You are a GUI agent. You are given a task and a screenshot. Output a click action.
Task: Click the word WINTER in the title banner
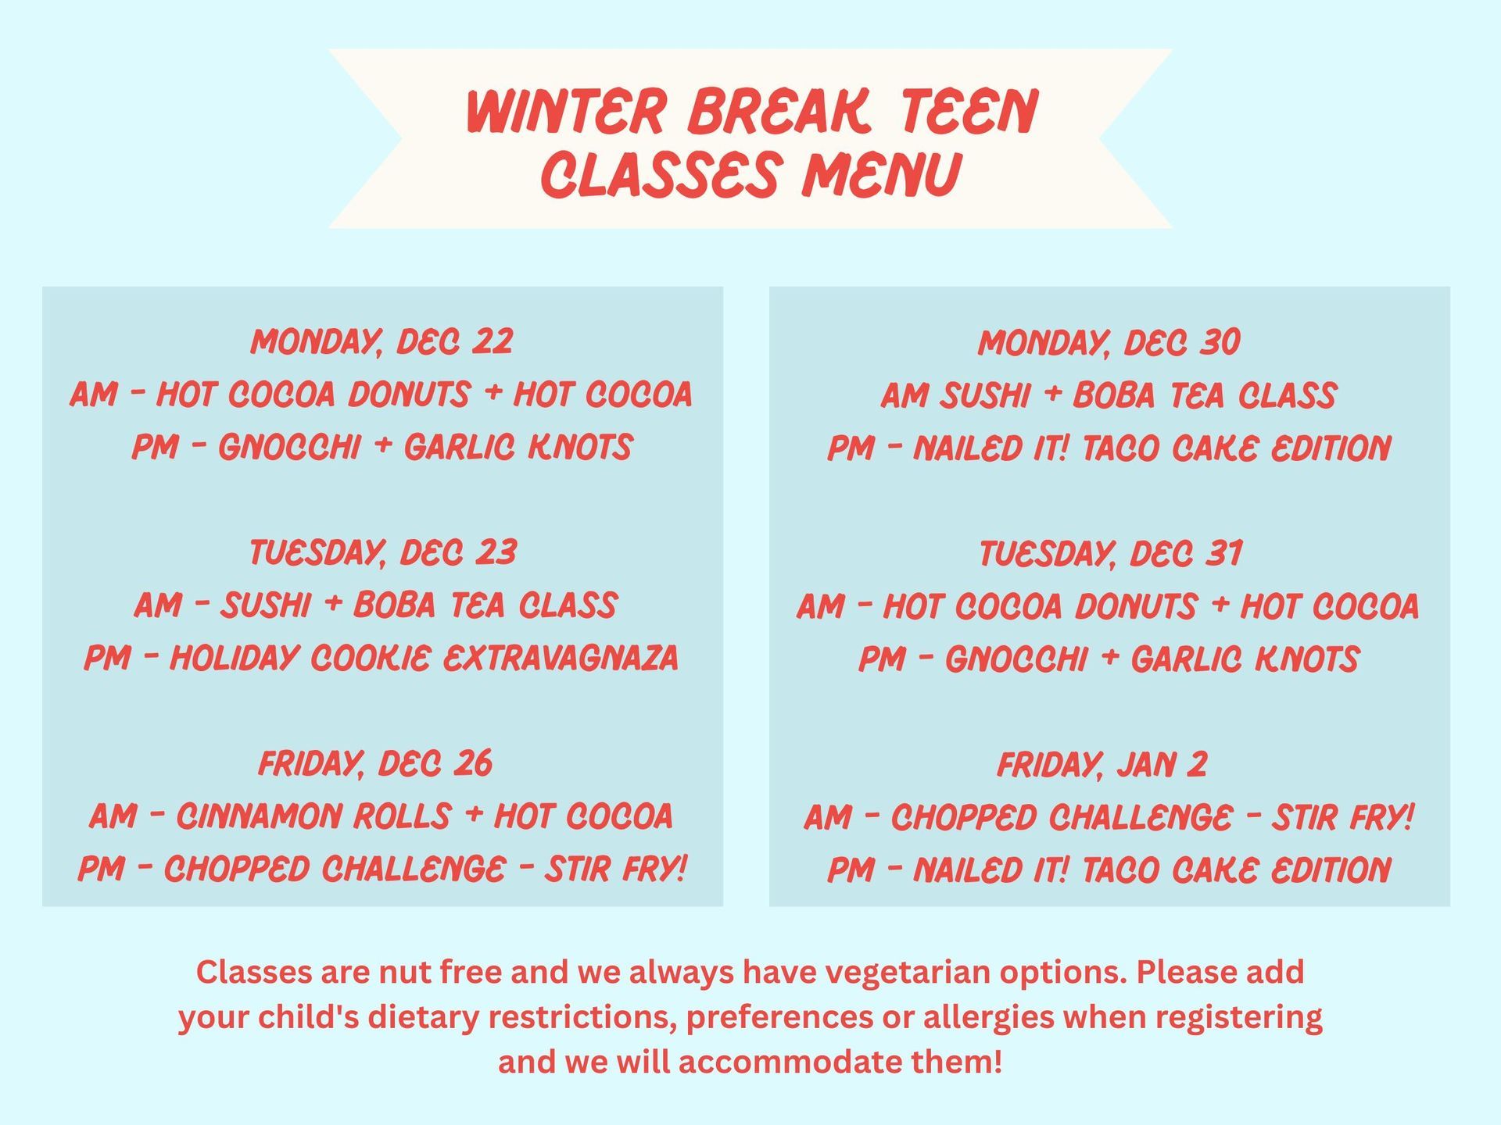tap(565, 112)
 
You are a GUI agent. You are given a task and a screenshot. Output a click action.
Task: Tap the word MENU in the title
tap(880, 175)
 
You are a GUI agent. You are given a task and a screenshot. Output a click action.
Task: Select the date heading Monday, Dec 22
tap(382, 342)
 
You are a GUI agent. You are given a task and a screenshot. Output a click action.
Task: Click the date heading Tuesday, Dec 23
tap(382, 553)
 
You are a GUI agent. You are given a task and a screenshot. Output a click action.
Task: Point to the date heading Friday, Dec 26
tap(375, 763)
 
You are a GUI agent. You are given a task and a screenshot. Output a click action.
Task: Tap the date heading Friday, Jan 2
tap(1102, 764)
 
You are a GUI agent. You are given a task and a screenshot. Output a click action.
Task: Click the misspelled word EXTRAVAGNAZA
tap(561, 659)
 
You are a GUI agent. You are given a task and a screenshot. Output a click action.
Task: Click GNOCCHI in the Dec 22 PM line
tap(289, 448)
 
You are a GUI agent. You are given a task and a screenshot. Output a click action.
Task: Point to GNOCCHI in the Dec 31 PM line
tap(1016, 659)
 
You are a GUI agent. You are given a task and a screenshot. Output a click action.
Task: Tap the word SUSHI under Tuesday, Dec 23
tap(266, 605)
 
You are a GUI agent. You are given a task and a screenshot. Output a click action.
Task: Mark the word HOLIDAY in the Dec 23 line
tap(235, 659)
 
